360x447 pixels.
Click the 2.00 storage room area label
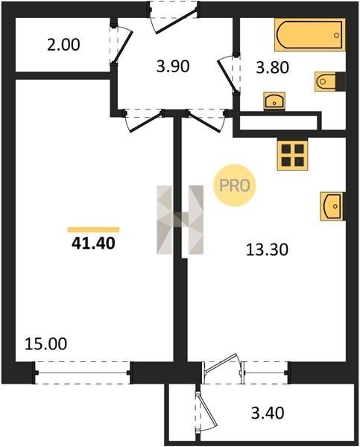[x=63, y=45]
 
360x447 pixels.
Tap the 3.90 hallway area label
[x=173, y=67]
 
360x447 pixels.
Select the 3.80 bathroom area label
[x=273, y=68]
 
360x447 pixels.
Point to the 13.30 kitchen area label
[x=267, y=250]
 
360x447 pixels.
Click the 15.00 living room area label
[x=46, y=343]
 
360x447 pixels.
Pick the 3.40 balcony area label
[x=268, y=413]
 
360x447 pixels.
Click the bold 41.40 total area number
[x=93, y=244]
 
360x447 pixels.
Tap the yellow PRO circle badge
[x=235, y=186]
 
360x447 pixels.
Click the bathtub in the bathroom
[x=310, y=35]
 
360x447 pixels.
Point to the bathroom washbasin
[x=274, y=101]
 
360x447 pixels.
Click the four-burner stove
[x=292, y=155]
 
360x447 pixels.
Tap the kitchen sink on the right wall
[x=332, y=206]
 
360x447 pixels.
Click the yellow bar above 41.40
[x=93, y=229]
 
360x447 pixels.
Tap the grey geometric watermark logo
[x=180, y=220]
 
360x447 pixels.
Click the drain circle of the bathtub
[x=336, y=35]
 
